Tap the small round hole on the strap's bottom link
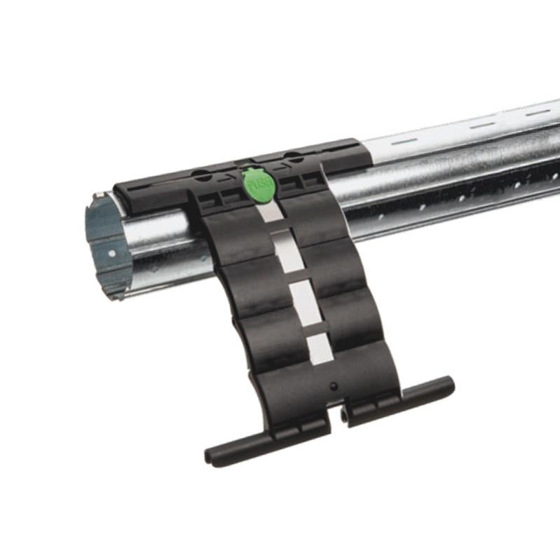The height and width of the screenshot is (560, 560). (333, 386)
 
